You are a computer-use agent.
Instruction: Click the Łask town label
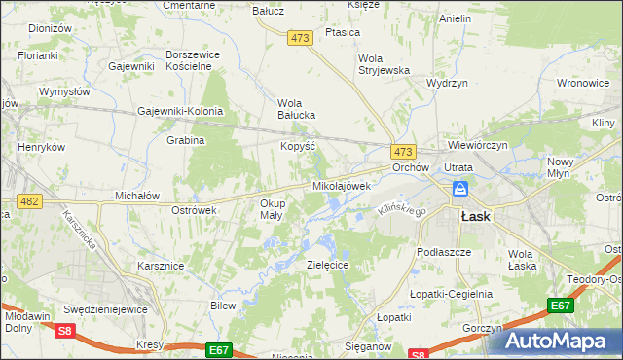click(475, 217)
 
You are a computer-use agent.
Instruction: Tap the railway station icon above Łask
click(460, 191)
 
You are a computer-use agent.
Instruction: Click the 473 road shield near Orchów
click(404, 152)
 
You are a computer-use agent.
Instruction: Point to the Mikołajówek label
click(342, 185)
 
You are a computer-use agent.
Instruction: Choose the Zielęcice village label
click(328, 264)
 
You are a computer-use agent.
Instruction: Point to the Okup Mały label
click(271, 209)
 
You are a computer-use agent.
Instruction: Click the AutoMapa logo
click(563, 341)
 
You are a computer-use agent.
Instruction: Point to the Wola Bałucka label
click(297, 108)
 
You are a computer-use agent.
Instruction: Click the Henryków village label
click(42, 147)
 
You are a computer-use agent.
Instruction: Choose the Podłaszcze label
click(443, 251)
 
